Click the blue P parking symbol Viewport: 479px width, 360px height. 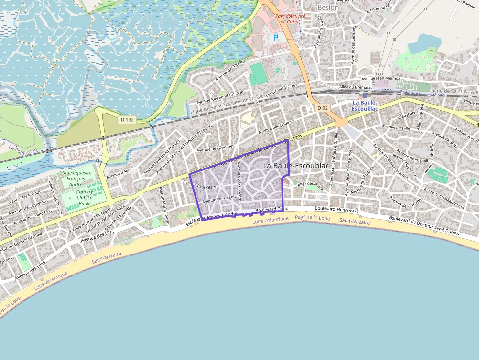(275, 37)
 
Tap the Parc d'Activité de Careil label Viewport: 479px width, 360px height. (290, 19)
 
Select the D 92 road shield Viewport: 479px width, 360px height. (322, 107)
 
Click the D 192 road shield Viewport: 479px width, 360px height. (127, 119)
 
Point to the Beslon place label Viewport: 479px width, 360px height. (327, 7)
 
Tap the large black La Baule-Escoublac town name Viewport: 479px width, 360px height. (296, 166)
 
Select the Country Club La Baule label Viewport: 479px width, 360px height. (85, 198)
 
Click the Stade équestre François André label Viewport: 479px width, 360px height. (75, 179)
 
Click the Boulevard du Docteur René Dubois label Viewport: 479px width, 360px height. (424, 225)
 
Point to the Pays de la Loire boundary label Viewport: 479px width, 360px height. (313, 218)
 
